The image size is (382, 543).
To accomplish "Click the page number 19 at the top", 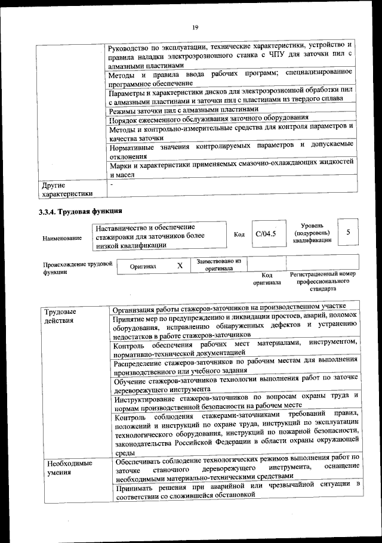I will coord(195,27).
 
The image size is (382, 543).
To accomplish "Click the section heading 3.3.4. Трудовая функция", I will coord(81,211).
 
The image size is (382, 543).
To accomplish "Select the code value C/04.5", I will coord(264,233).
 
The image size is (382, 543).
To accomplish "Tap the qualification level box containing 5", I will coord(347,232).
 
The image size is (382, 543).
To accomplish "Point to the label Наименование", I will coord(62,237).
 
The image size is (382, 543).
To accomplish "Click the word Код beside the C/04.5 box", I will coord(239,234).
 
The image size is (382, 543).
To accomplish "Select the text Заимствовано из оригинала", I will coord(218,265).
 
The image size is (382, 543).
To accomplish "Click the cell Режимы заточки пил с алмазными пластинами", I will coord(184,110).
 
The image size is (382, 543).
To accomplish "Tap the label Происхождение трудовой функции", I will coord(78,267).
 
